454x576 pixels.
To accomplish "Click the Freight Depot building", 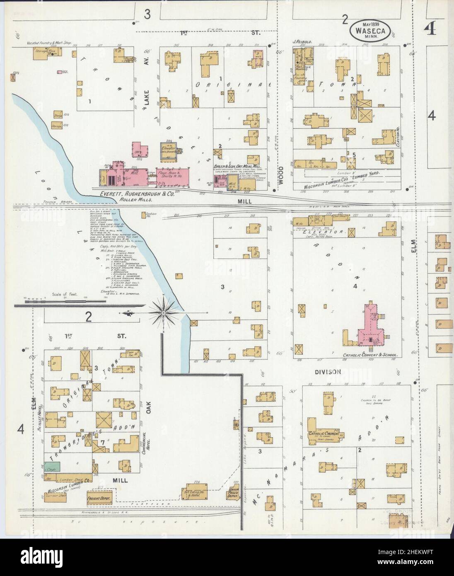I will [99, 498].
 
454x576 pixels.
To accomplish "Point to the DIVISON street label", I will [330, 372].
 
